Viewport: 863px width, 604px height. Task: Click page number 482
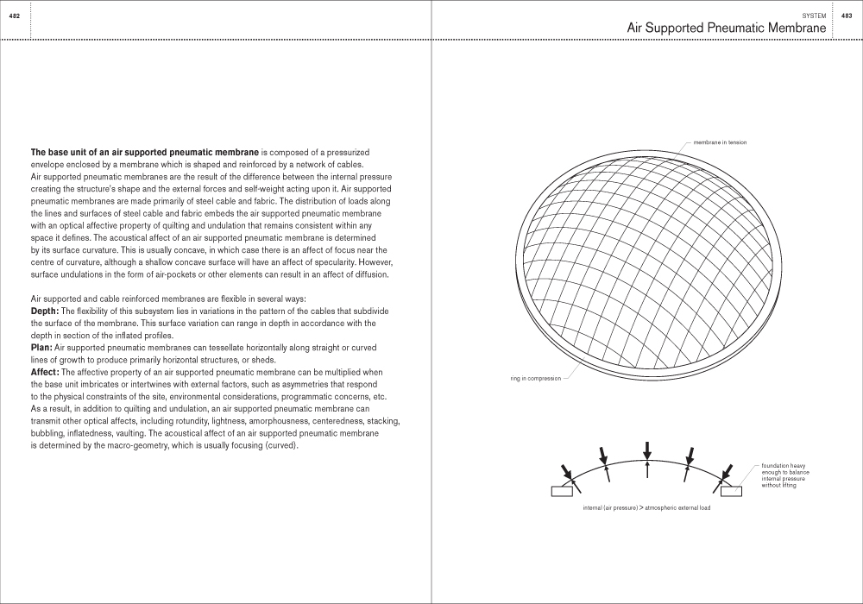click(x=15, y=16)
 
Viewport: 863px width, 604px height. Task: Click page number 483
click(x=847, y=16)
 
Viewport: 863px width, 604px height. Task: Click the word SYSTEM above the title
click(x=813, y=16)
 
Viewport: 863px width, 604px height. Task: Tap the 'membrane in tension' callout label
click(x=720, y=142)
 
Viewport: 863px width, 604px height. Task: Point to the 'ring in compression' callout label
click(x=535, y=378)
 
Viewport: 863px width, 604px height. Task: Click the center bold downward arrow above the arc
click(x=647, y=450)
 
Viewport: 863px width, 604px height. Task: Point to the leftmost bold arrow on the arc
click(x=566, y=472)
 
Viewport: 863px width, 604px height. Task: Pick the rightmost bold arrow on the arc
click(x=727, y=472)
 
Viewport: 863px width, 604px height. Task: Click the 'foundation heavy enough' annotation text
click(x=784, y=475)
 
